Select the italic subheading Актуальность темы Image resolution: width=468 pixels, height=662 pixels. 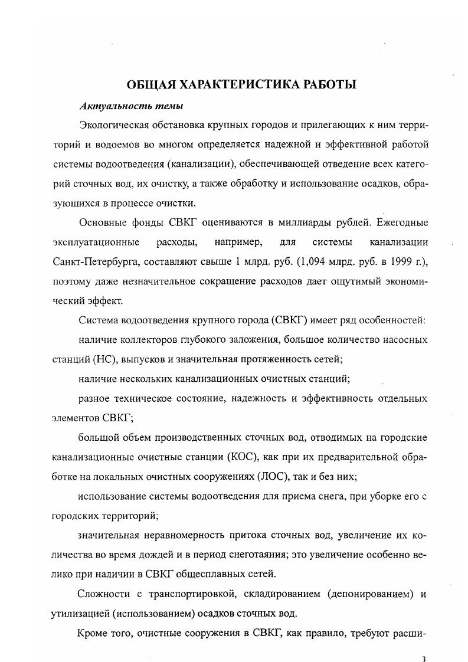click(x=123, y=106)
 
